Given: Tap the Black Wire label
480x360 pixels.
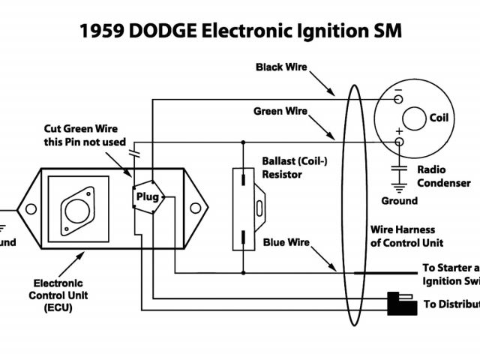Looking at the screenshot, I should click(x=280, y=67).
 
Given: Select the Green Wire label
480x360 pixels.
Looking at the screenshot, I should click(x=280, y=111).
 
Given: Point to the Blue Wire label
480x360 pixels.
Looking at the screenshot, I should click(x=286, y=242).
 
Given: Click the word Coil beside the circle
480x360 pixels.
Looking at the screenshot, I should click(x=439, y=118).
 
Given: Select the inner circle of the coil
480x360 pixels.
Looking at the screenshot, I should click(x=413, y=118).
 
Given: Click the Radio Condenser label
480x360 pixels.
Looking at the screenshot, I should click(x=443, y=176).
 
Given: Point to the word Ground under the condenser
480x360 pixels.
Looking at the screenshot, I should click(x=399, y=201).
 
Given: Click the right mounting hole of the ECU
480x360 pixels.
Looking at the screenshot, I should click(x=197, y=207).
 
